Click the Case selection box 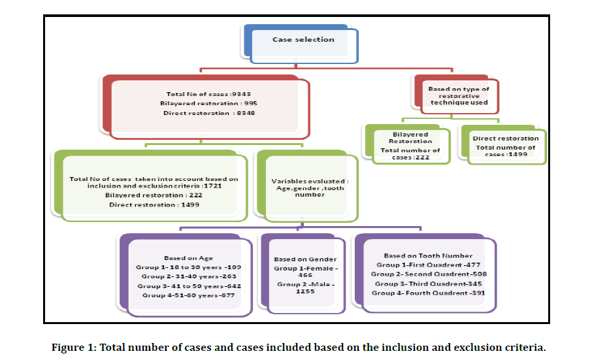tap(303, 41)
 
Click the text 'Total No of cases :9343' tap(206, 93)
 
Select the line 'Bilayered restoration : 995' tap(206, 103)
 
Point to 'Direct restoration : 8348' tap(206, 114)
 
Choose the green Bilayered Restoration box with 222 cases tap(410, 146)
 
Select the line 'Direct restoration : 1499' tap(153, 205)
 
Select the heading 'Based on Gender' tap(302, 259)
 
